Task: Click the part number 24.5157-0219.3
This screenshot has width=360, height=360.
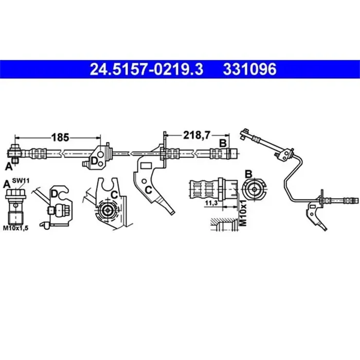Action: [x=147, y=68]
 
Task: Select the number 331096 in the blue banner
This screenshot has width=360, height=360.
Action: [x=249, y=68]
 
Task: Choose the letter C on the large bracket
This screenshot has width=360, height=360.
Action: [x=148, y=190]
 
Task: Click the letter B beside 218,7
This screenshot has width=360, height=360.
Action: [x=223, y=142]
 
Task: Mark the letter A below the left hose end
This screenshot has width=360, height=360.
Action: [x=8, y=165]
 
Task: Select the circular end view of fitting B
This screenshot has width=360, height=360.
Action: [x=254, y=189]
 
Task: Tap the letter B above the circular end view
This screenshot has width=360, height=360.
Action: [x=248, y=173]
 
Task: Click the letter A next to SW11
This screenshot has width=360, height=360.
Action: [x=7, y=184]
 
